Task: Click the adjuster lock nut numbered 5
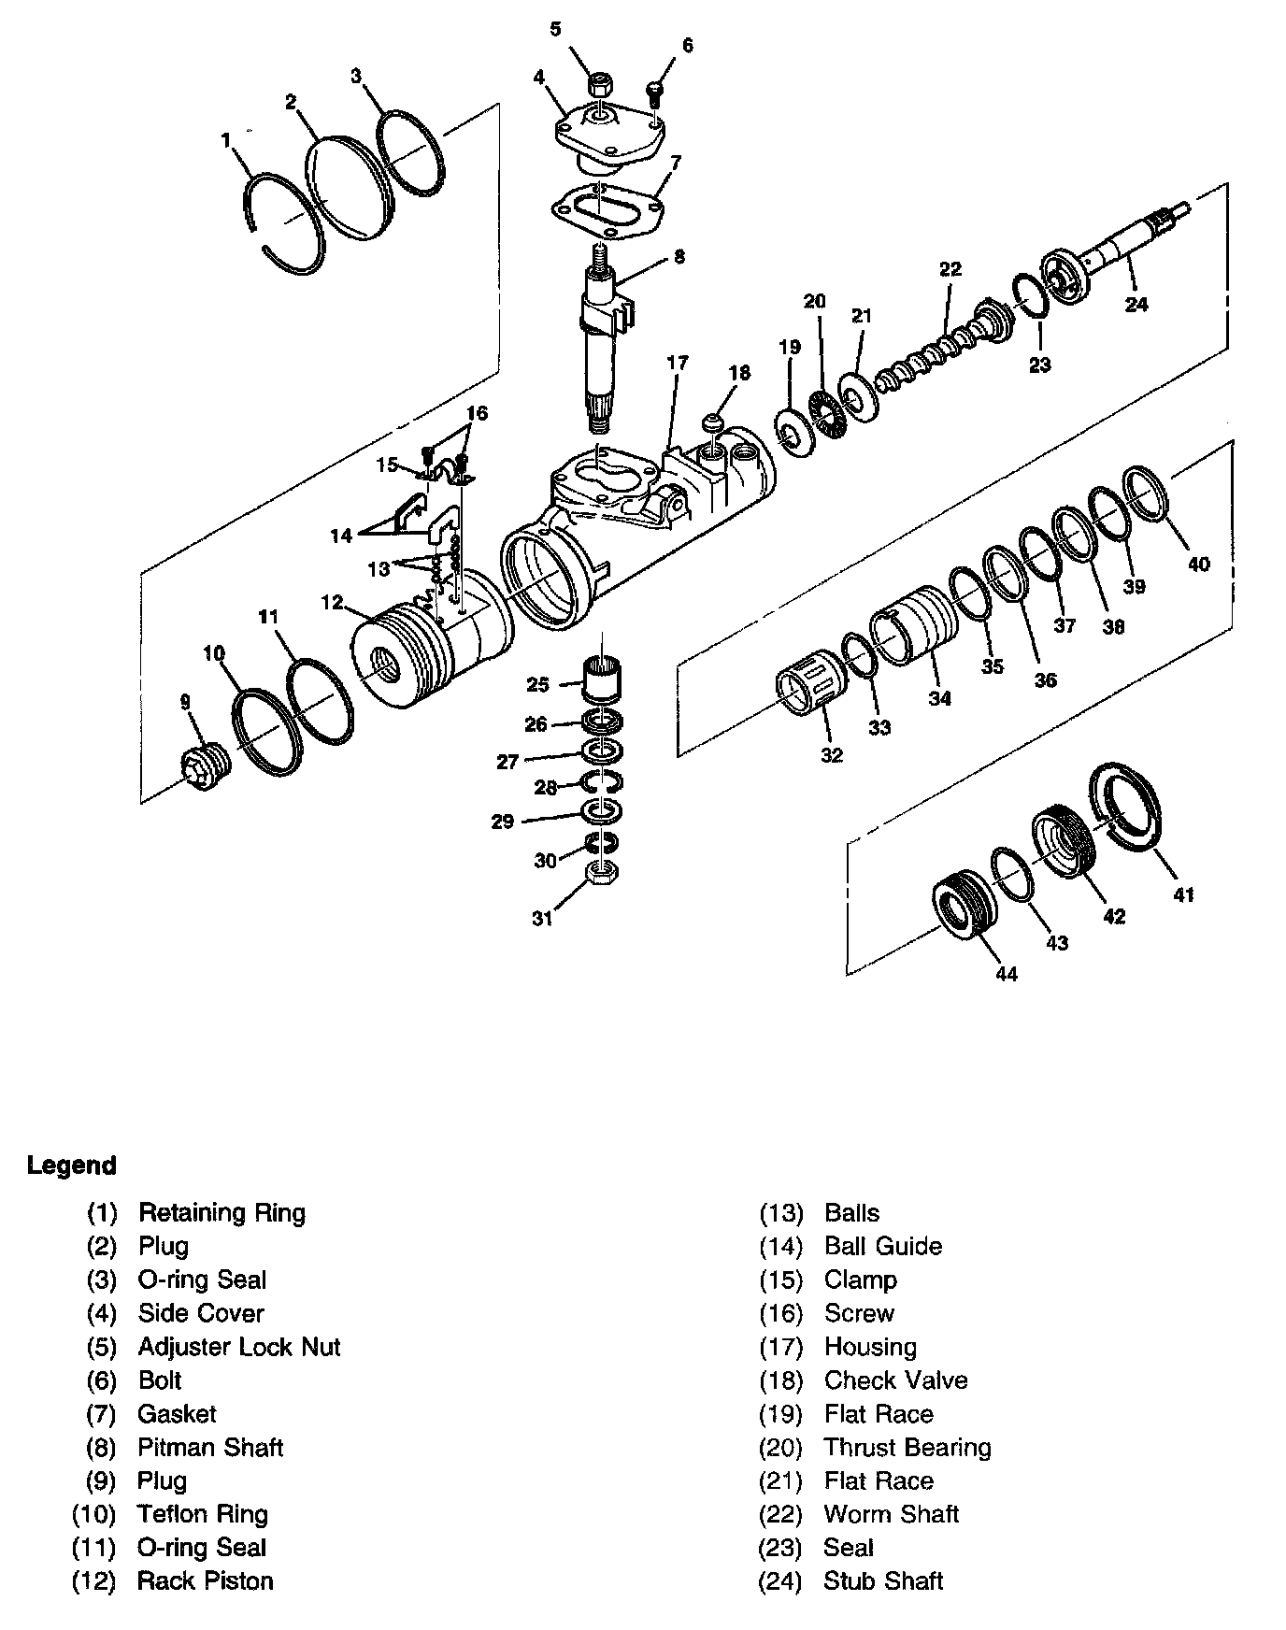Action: pos(599,85)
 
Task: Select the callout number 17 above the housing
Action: pos(678,362)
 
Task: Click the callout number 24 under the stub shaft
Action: pos(1136,304)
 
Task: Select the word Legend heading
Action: pos(72,1165)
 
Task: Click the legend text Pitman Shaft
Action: pos(210,1448)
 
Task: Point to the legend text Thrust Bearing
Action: pos(907,1448)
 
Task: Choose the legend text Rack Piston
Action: pos(206,1581)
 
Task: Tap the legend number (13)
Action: pos(780,1213)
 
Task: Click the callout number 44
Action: pos(1006,974)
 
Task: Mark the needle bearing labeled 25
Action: pos(603,677)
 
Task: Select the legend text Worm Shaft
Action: pos(892,1514)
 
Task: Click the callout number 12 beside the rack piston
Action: pos(333,603)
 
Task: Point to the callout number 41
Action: pos(1184,894)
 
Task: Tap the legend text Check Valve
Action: pos(895,1380)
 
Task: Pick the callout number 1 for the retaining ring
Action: pos(225,140)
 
